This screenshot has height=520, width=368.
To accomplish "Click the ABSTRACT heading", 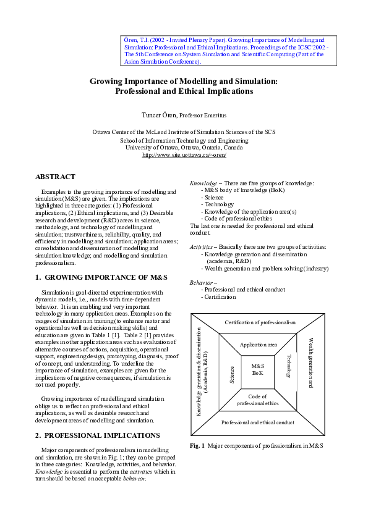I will click(x=55, y=177).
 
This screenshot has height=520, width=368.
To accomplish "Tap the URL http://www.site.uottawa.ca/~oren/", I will click(x=184, y=155).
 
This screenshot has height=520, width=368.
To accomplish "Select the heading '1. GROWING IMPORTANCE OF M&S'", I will click(x=90, y=278).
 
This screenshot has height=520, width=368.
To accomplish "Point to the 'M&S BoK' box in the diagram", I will click(x=258, y=370).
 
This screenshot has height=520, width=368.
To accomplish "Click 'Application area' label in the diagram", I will click(x=258, y=345).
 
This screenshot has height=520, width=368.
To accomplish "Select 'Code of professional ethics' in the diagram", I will click(x=258, y=400).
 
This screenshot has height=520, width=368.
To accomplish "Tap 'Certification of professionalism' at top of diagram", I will click(x=260, y=322).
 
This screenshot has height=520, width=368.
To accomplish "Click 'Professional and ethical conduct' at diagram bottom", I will click(x=258, y=422).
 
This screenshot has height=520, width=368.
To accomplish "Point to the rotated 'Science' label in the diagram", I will click(x=232, y=374).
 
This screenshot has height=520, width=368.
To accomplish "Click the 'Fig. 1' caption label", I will click(x=197, y=445).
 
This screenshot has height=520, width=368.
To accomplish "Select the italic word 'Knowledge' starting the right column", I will click(x=203, y=183).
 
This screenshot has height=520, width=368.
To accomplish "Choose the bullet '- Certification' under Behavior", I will click(x=218, y=297).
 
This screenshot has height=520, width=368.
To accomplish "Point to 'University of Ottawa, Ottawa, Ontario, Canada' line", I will click(x=184, y=148).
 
